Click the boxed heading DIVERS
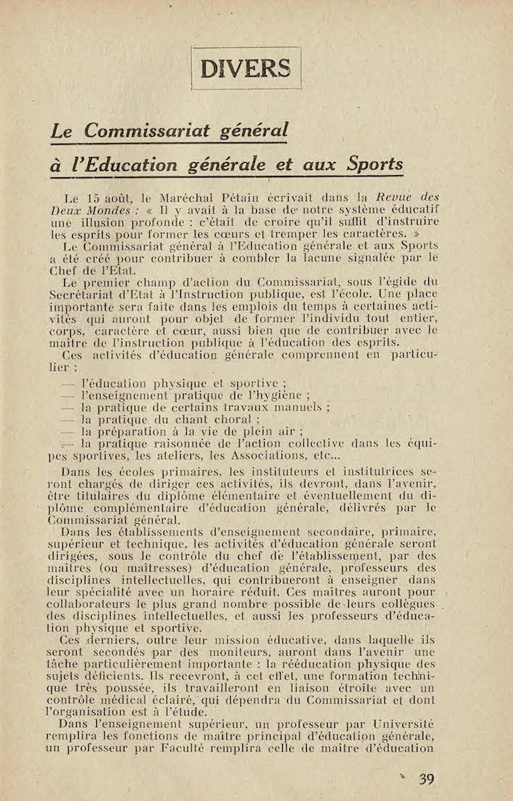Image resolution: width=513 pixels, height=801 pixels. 246,68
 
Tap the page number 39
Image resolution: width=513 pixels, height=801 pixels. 426,779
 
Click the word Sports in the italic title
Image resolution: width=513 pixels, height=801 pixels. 374,164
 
